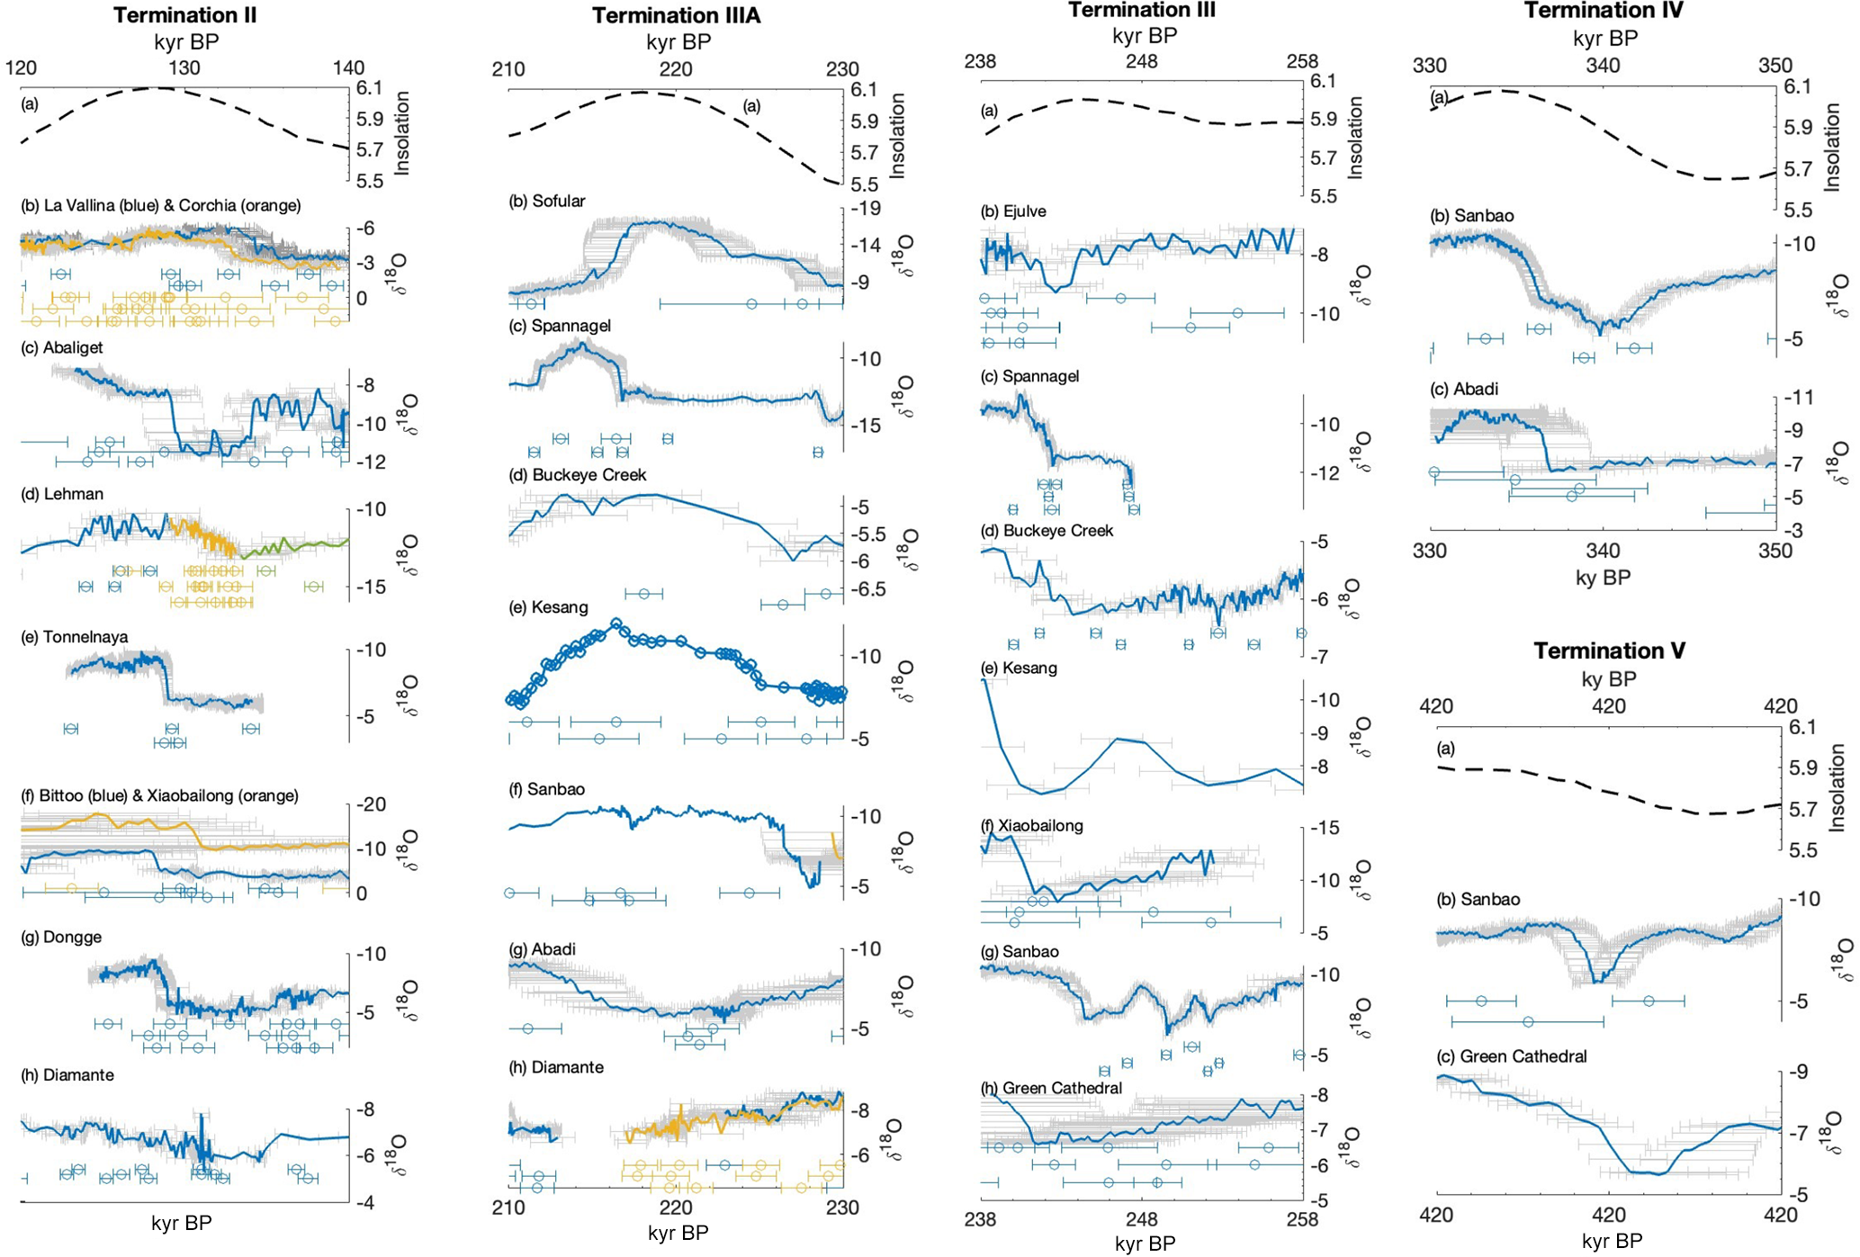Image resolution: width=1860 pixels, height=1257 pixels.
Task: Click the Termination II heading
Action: click(x=184, y=15)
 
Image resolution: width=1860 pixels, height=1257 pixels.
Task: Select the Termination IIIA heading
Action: click(x=676, y=15)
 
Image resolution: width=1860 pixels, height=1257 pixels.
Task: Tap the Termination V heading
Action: click(x=1609, y=651)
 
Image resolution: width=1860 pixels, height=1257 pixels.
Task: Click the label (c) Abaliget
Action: click(x=61, y=347)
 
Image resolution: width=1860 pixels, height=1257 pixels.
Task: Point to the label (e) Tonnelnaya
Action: click(x=74, y=637)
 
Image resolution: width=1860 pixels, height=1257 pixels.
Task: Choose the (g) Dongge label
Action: click(x=60, y=938)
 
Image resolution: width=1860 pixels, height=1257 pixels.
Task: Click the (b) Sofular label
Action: click(x=546, y=202)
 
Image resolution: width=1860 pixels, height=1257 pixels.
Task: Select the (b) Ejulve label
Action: click(x=1013, y=211)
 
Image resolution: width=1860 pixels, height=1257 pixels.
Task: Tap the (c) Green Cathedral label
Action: click(x=1511, y=1056)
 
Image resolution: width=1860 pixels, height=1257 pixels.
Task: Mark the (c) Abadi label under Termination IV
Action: click(x=1464, y=390)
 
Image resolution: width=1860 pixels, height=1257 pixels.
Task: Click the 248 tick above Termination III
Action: click(x=1141, y=61)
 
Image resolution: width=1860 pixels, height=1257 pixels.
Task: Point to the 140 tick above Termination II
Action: click(x=348, y=67)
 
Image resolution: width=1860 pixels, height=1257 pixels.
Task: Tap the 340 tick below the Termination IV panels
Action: click(x=1602, y=551)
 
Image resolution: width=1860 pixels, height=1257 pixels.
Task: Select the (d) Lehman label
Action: click(x=61, y=494)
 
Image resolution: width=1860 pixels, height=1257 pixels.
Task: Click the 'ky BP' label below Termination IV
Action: click(x=1603, y=578)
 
